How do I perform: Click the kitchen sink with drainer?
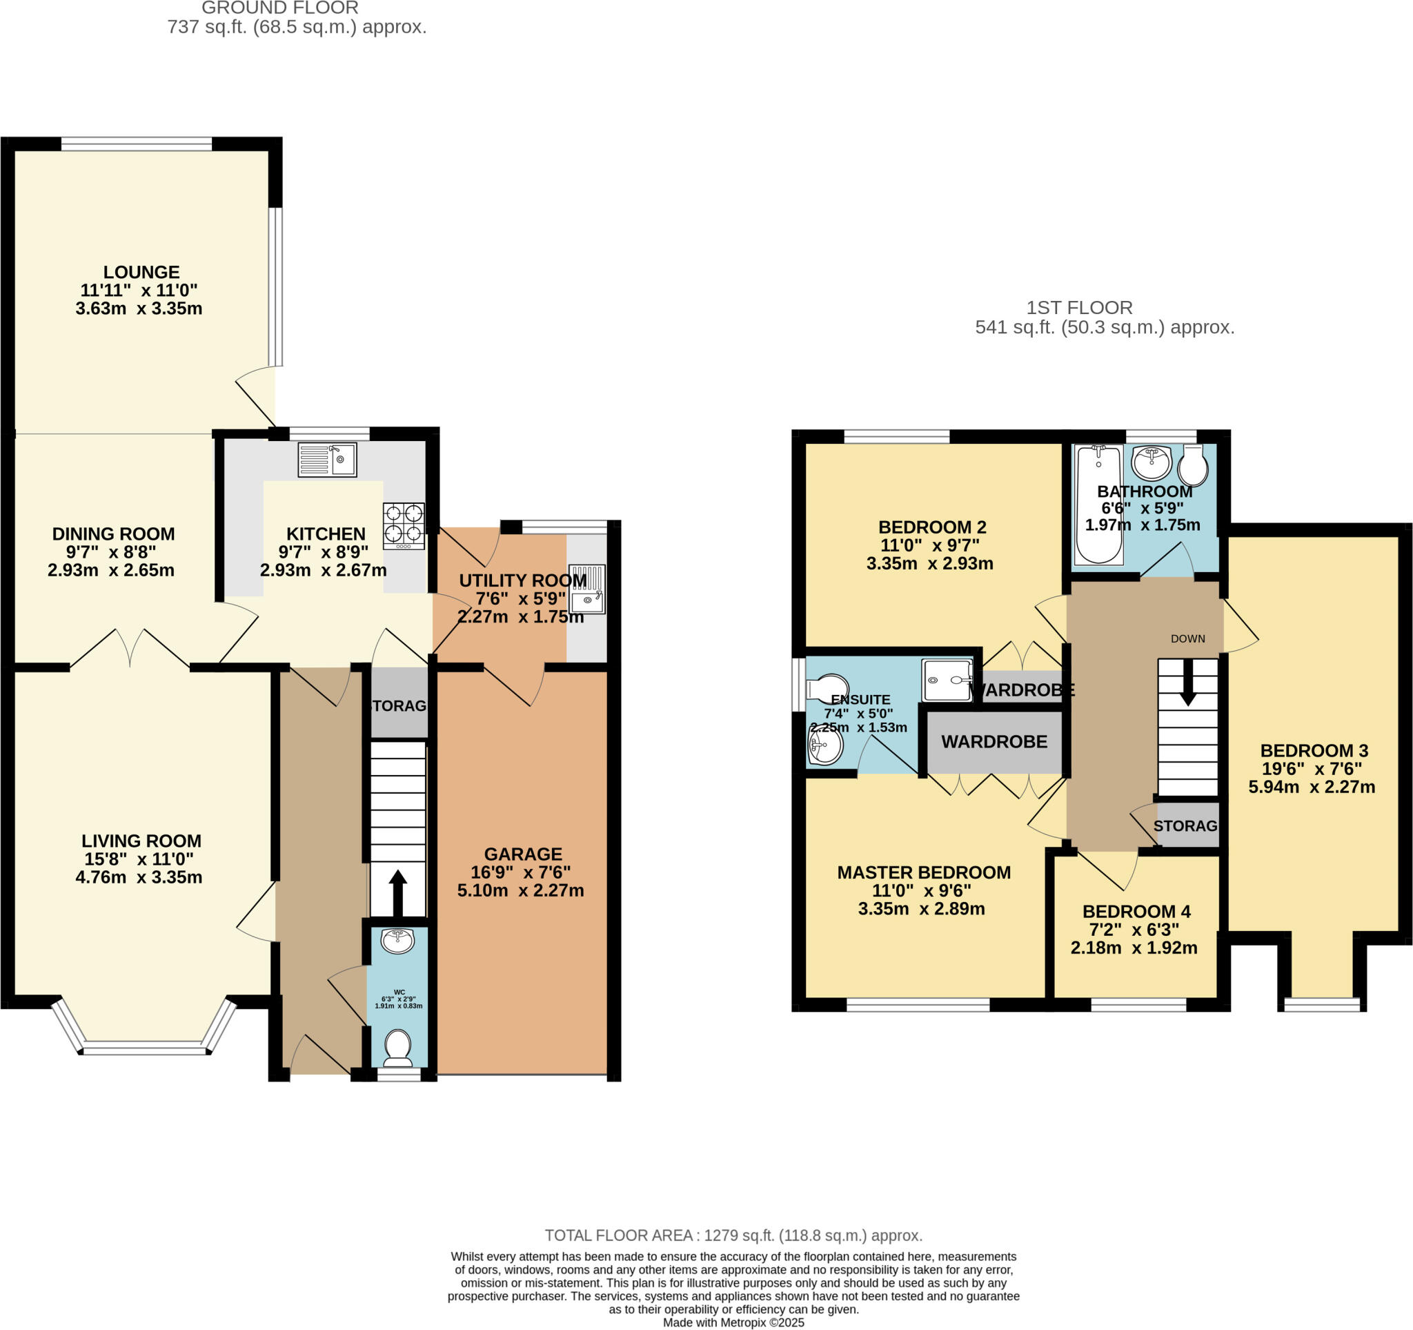327,459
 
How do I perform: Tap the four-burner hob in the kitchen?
404,525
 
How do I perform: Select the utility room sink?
587,589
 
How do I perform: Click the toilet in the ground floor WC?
398,1048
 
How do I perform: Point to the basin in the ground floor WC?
398,942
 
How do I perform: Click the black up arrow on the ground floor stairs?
398,893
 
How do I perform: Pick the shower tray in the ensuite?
947,681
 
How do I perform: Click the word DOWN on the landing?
1187,638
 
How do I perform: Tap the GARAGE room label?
523,854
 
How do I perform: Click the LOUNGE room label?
141,271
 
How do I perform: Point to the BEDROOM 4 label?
1136,911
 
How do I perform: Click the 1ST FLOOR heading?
1079,308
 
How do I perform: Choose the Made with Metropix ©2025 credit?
733,1323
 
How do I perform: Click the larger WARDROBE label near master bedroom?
994,741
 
